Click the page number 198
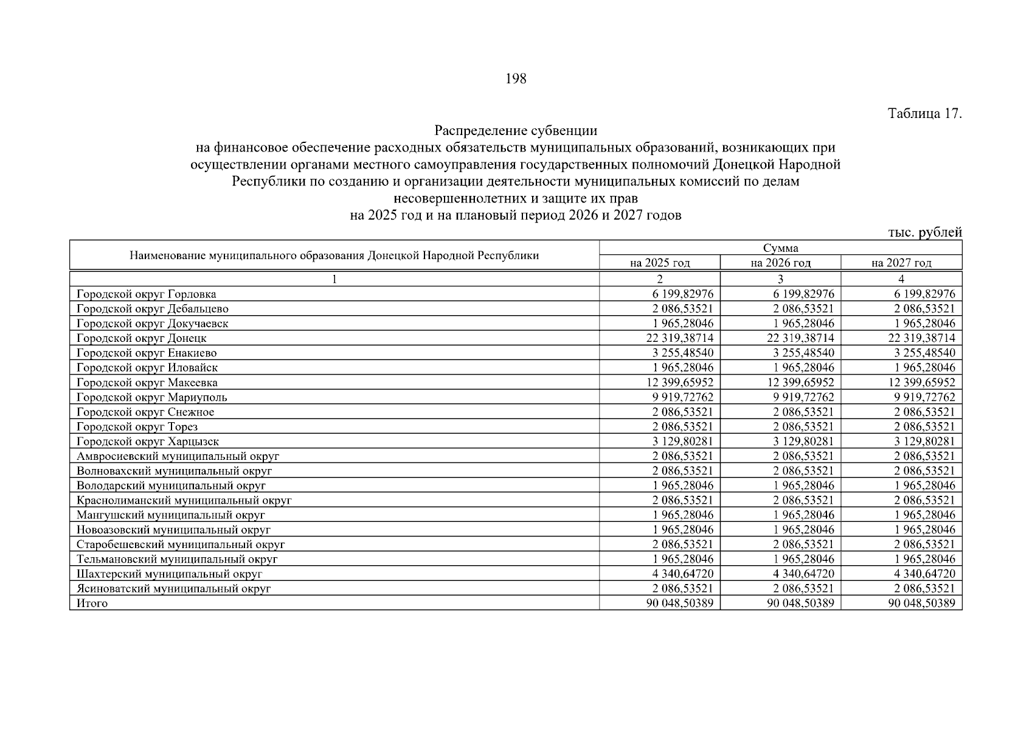click(x=515, y=79)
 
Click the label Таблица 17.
click(x=924, y=114)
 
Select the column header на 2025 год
click(x=660, y=263)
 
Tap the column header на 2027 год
click(x=901, y=263)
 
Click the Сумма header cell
click(x=780, y=248)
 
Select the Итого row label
click(x=92, y=603)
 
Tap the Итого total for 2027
click(x=921, y=603)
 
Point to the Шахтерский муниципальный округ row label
click(x=170, y=574)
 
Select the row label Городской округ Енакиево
click(x=147, y=353)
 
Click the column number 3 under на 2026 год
click(x=780, y=279)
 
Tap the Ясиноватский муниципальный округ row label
click(x=173, y=589)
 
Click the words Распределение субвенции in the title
click(x=515, y=131)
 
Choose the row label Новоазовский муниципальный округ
click(x=173, y=530)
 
